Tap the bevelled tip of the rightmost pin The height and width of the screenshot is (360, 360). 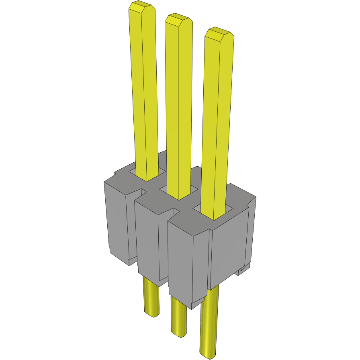tap(219, 34)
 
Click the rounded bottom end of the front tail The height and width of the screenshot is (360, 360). tap(208, 354)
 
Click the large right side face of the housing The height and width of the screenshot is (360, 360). tap(229, 253)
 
